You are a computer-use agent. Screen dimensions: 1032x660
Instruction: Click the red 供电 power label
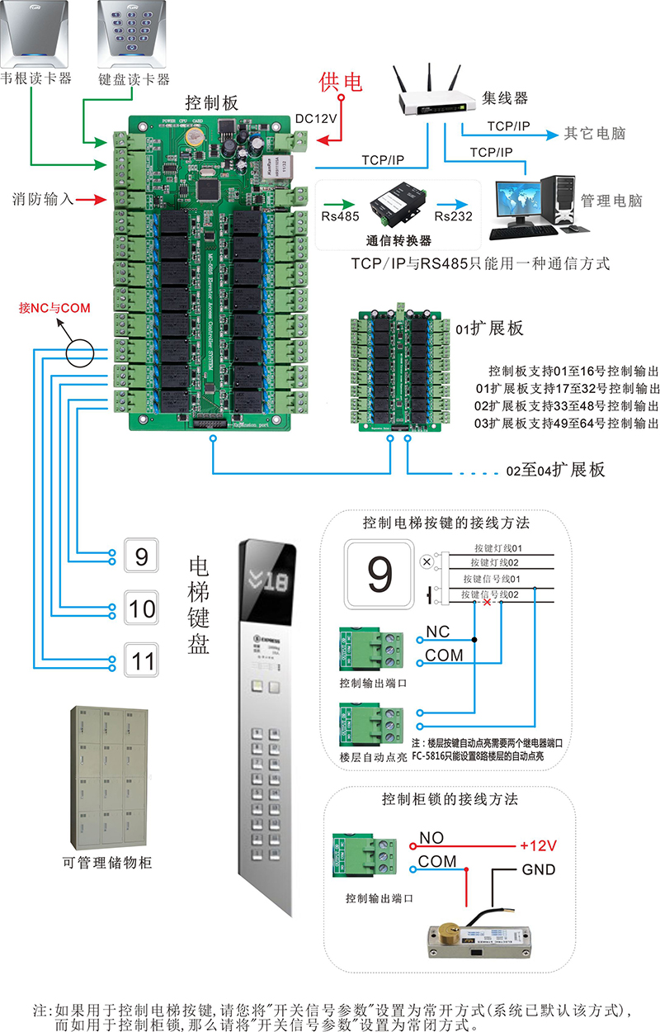(341, 83)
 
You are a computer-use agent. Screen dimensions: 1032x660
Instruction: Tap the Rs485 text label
(337, 216)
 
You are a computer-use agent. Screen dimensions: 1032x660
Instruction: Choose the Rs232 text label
(453, 216)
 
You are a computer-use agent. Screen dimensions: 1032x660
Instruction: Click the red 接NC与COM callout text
(54, 308)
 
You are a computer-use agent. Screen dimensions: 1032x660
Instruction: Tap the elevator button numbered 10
(142, 608)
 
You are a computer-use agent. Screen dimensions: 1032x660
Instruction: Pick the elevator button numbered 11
(142, 660)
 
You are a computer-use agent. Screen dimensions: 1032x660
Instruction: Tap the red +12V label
(539, 846)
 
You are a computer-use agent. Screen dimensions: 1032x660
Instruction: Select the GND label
(538, 869)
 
